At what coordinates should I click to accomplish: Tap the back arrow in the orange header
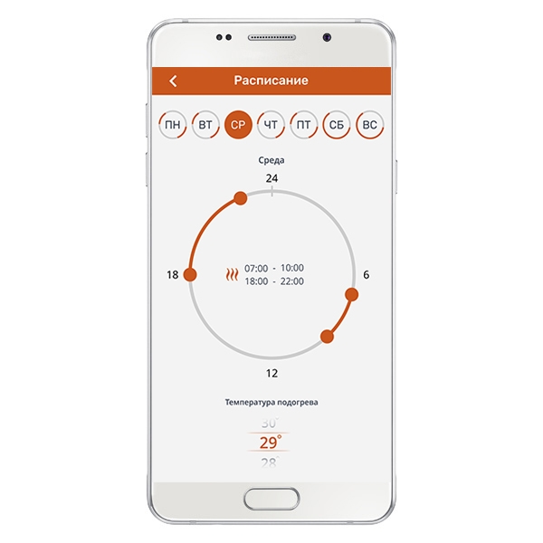[x=173, y=81]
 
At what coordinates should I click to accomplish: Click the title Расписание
[x=271, y=81]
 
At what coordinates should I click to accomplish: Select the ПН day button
[x=173, y=125]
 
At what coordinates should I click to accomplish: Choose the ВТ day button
[x=205, y=125]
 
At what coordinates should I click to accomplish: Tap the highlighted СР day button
[x=238, y=125]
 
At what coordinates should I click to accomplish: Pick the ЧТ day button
[x=271, y=125]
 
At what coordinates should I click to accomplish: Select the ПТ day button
[x=304, y=125]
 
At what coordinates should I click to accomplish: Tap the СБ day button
[x=337, y=125]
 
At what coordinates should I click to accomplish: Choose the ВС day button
[x=369, y=125]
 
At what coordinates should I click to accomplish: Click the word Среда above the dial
[x=271, y=160]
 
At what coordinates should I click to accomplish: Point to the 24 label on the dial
[x=271, y=178]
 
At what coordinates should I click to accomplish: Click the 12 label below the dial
[x=271, y=373]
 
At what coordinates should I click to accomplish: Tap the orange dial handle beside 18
[x=190, y=274]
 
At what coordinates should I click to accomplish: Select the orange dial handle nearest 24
[x=241, y=198]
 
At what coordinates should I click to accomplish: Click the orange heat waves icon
[x=232, y=274]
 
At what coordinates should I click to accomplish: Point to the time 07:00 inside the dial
[x=256, y=269]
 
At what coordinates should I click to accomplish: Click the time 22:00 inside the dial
[x=292, y=281]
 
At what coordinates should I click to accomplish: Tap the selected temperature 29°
[x=271, y=443]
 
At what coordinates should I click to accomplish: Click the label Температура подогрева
[x=271, y=403]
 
